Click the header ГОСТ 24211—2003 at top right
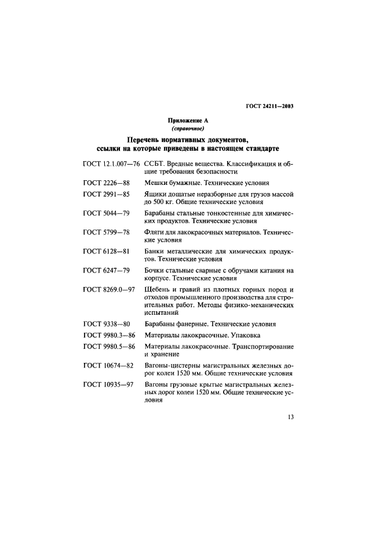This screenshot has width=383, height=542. pyautogui.click(x=272, y=106)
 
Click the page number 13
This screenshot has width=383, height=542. pyautogui.click(x=291, y=431)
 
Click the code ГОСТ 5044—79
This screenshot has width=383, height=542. pyautogui.click(x=106, y=214)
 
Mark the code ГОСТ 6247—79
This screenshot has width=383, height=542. pyautogui.click(x=106, y=271)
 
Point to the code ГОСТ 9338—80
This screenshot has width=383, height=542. pyautogui.click(x=106, y=324)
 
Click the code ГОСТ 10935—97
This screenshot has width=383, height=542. pyautogui.click(x=108, y=385)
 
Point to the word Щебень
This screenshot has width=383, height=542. pyautogui.click(x=158, y=290)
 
